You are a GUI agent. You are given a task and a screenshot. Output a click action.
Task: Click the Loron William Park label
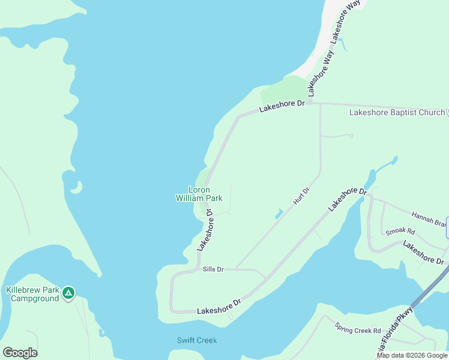(199, 194)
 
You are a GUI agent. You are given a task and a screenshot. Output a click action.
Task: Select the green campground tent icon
(68, 293)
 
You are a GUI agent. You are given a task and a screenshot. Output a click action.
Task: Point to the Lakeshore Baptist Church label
(397, 112)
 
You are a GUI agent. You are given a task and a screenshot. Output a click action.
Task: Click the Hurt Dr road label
(301, 196)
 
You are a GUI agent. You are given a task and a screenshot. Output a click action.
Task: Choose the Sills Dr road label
(213, 270)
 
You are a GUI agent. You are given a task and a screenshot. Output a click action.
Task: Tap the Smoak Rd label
(400, 231)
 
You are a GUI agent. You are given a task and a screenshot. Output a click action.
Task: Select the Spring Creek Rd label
(358, 330)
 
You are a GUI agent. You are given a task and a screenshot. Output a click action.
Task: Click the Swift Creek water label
(197, 340)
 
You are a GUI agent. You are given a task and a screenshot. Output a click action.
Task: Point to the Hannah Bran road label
(429, 218)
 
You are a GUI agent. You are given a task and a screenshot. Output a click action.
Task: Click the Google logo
(20, 353)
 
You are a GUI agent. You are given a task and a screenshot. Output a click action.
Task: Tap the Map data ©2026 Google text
(412, 355)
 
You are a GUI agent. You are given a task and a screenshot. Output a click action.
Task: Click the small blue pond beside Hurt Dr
(279, 214)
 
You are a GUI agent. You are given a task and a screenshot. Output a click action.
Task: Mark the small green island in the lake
(76, 188)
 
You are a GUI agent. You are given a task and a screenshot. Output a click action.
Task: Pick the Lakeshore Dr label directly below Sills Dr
(218, 305)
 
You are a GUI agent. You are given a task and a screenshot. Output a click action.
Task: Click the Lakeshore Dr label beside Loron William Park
(205, 230)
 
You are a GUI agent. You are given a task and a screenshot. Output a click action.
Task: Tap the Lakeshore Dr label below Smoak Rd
(423, 252)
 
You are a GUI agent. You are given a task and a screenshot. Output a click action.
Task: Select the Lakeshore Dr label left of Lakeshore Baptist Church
(282, 106)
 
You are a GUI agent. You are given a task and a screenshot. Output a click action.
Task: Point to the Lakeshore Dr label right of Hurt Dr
(347, 199)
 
